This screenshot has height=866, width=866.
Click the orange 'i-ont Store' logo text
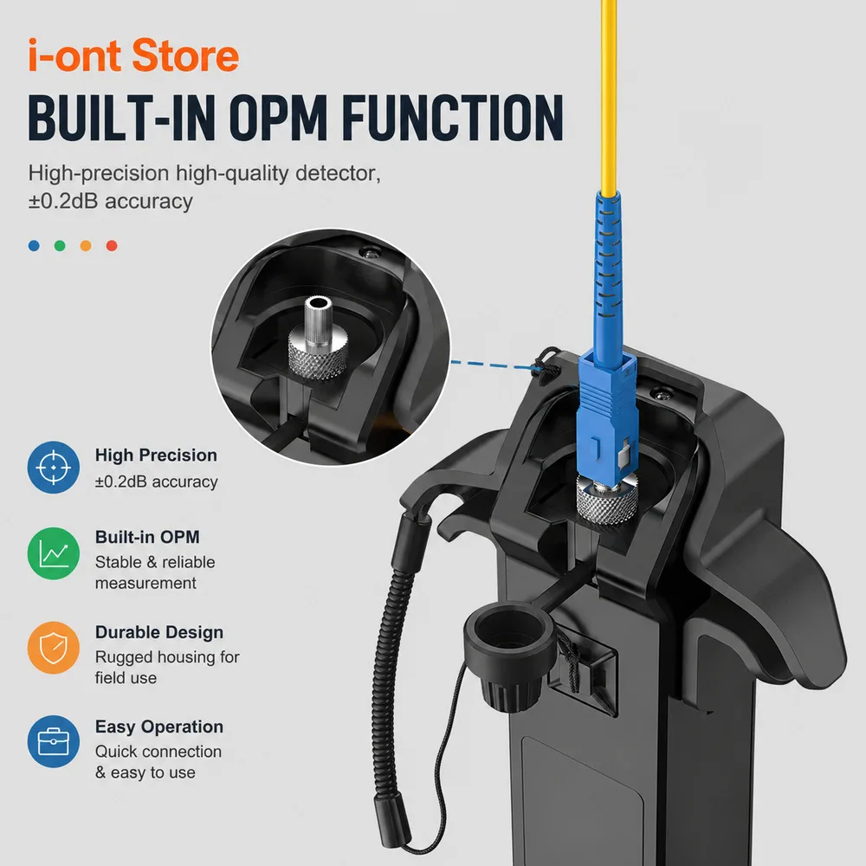tap(133, 55)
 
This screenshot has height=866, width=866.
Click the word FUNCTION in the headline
tap(452, 118)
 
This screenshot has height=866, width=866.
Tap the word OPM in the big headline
tap(278, 118)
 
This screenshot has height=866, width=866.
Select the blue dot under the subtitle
tap(34, 246)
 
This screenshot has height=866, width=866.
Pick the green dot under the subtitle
tap(60, 246)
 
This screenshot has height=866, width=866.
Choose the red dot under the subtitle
tap(112, 246)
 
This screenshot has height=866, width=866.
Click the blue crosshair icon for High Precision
tap(54, 468)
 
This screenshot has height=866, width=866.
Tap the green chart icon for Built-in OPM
tap(54, 553)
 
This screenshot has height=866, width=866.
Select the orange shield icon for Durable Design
tap(54, 647)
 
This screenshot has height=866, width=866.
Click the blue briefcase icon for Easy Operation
tap(54, 741)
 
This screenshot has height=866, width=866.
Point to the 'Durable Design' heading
tap(159, 632)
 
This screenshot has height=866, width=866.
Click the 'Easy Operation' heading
tap(159, 727)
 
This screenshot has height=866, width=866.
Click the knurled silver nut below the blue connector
tap(606, 499)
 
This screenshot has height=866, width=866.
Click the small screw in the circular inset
tap(370, 253)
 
